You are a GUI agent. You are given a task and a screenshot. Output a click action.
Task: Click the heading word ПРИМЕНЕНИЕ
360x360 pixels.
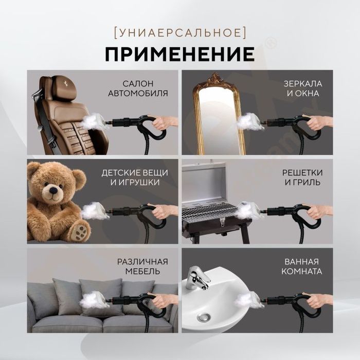(x=180, y=53)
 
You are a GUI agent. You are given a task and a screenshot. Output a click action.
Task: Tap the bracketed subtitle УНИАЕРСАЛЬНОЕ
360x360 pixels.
(x=179, y=32)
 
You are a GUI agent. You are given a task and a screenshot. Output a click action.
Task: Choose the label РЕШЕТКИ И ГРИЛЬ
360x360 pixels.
(x=301, y=176)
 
